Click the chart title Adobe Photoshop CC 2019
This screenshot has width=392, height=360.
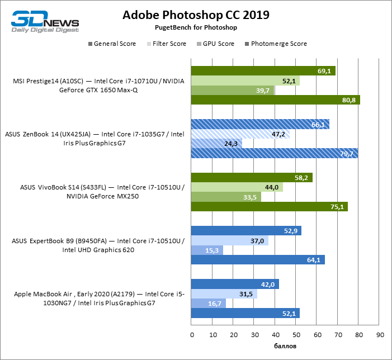[196, 15]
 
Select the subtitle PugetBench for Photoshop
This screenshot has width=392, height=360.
[196, 27]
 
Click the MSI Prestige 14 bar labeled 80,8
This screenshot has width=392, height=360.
[276, 100]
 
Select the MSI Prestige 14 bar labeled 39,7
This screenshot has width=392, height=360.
[233, 91]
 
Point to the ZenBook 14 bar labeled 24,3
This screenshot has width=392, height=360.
[217, 144]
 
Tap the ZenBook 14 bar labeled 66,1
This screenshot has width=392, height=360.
[260, 125]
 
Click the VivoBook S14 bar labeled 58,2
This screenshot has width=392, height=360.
[252, 178]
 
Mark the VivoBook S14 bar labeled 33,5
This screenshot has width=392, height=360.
[226, 197]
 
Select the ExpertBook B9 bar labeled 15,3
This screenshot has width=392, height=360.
[207, 250]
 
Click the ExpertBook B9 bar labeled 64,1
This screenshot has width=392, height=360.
[258, 259]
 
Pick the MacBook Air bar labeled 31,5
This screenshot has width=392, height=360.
[224, 294]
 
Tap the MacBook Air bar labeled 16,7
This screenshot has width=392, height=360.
[209, 304]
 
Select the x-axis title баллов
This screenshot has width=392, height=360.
[286, 347]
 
